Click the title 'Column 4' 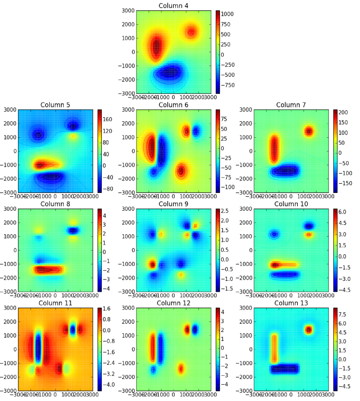click(x=173, y=6)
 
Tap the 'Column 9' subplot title click(x=173, y=204)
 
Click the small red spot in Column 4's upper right click(x=191, y=32)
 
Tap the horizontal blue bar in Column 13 click(x=285, y=369)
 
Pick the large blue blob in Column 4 click(x=170, y=72)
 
